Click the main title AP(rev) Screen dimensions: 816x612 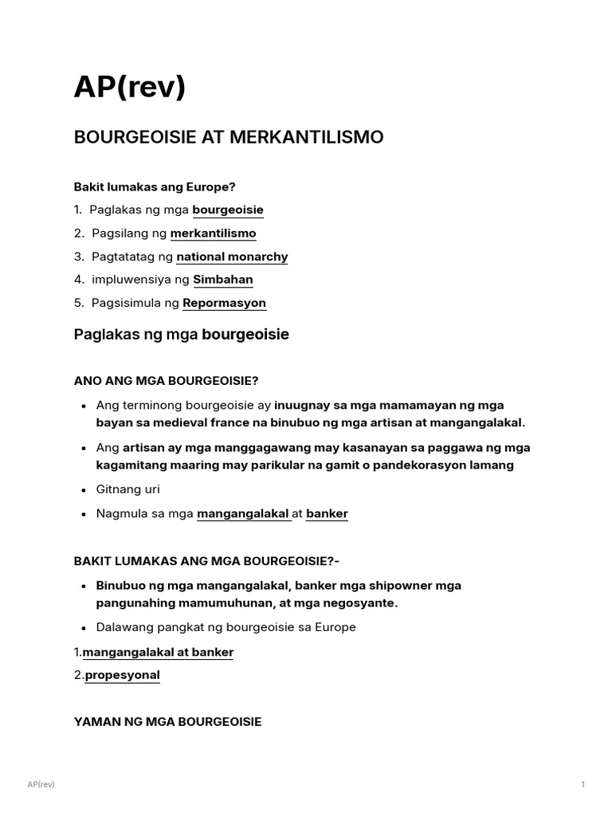[x=129, y=87]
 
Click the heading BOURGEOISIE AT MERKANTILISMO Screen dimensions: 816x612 [x=228, y=137]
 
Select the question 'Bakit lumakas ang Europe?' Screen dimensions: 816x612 [x=155, y=186]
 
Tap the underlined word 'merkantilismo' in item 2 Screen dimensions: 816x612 [x=213, y=233]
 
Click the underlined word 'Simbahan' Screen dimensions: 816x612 [x=222, y=280]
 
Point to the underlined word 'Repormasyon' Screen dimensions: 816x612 [x=224, y=303]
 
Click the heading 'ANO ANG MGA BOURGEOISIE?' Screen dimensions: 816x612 [x=166, y=380]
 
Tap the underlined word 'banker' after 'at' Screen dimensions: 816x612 [x=327, y=514]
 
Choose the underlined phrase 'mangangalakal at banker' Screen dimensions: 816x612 [x=158, y=652]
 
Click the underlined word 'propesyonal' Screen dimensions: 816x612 [x=122, y=675]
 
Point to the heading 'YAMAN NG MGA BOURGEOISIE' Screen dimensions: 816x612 [x=167, y=722]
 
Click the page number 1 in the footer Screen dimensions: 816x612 [x=583, y=785]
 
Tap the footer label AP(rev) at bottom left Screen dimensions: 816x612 [x=41, y=785]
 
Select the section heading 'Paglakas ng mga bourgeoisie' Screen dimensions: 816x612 [x=181, y=335]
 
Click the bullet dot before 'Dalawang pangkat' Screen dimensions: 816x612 [x=84, y=628]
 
